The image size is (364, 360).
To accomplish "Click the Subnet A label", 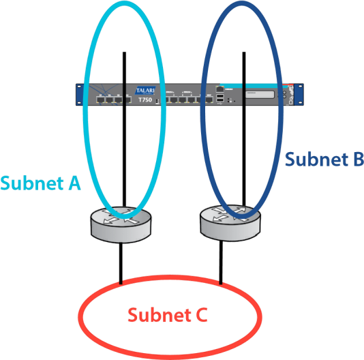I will tap(41, 183).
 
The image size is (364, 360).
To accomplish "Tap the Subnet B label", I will tap(324, 160).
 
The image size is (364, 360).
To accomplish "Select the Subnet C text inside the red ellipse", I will tap(167, 316).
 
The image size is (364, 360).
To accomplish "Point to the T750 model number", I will tap(146, 100).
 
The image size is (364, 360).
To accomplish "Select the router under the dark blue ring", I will tap(230, 221).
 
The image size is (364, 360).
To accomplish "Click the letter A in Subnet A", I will tap(74, 183).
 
